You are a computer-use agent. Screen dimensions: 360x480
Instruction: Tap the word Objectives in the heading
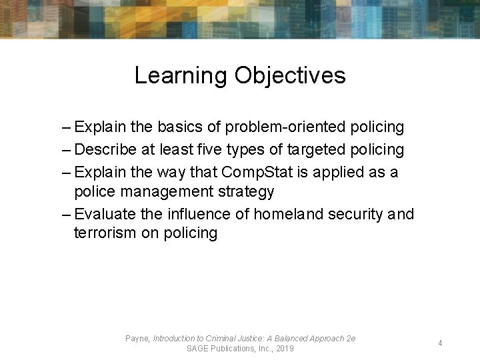pos(289,75)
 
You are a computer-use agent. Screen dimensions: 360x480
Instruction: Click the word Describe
pos(105,149)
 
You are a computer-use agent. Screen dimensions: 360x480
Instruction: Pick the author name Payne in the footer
pos(137,339)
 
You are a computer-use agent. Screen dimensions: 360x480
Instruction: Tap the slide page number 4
pos(440,343)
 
